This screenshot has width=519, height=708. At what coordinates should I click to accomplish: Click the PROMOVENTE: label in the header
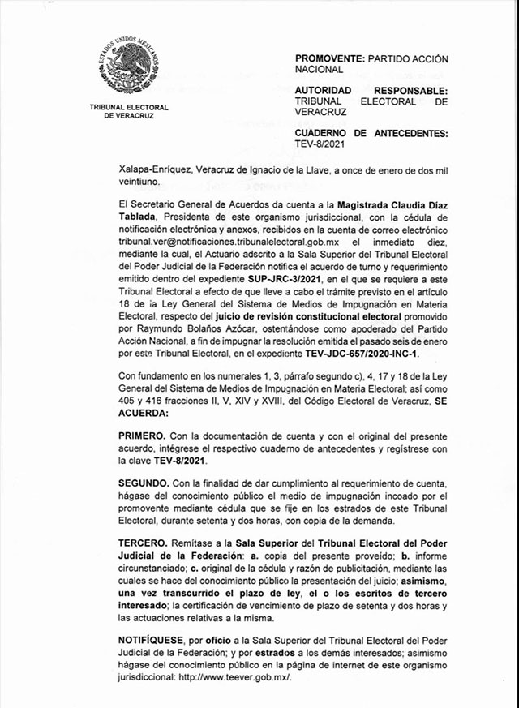[x=331, y=59]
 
